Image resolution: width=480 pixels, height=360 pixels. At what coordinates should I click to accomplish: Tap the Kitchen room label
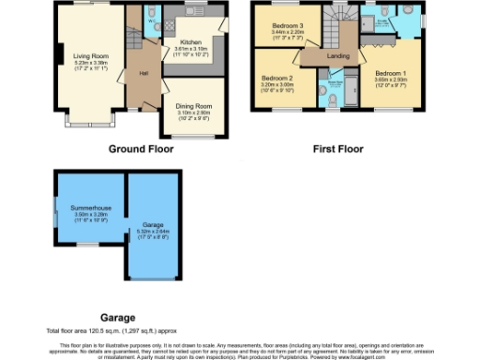point(183,42)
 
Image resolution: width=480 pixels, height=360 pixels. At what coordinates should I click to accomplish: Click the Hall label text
point(144,72)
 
